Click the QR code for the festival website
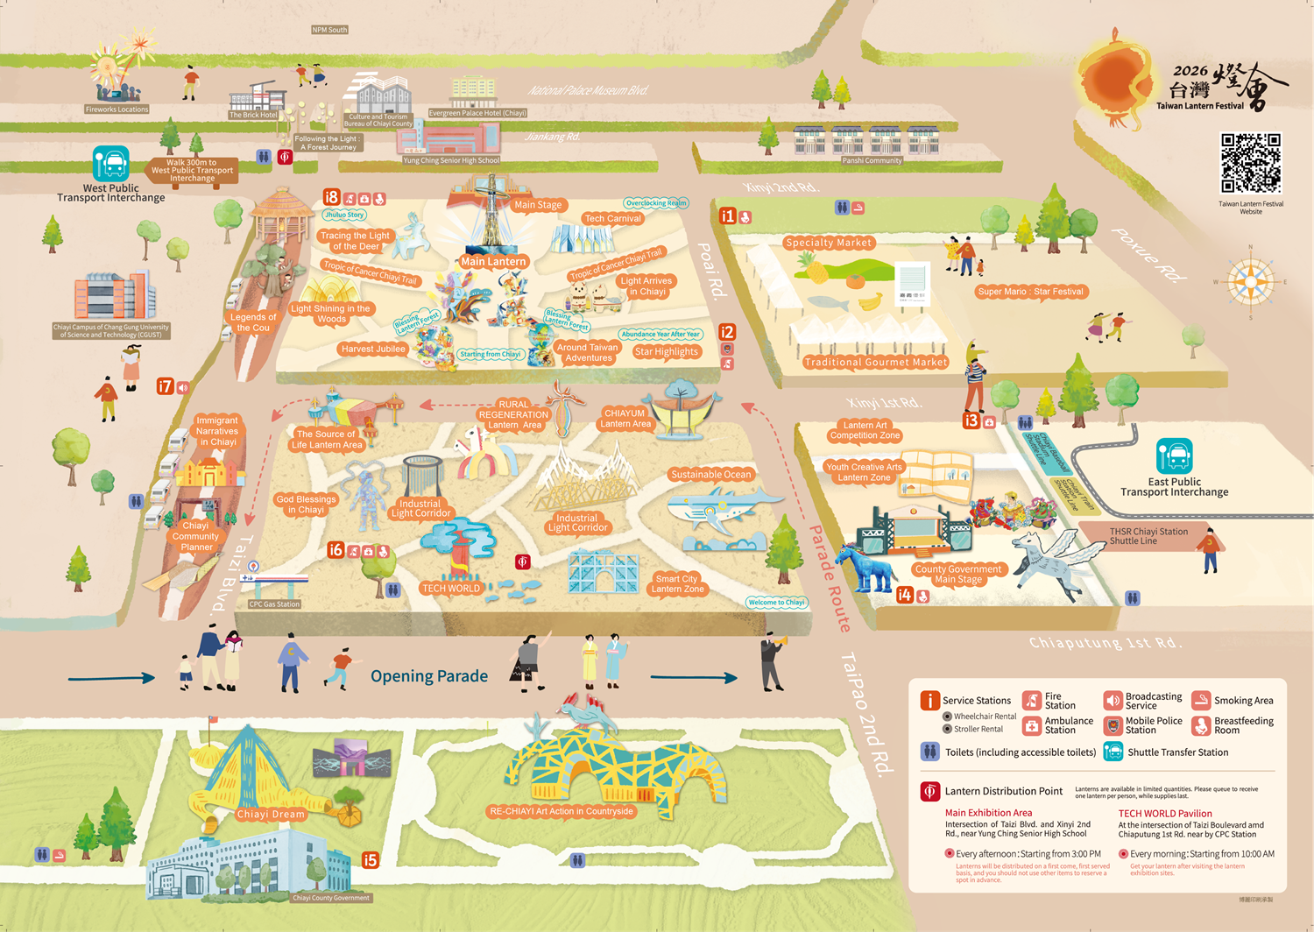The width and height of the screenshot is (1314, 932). click(1251, 163)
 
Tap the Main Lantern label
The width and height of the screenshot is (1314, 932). click(493, 261)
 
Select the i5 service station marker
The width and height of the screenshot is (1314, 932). click(370, 860)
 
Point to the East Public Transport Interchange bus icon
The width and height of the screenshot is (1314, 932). click(1174, 456)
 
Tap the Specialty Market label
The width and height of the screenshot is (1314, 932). click(828, 243)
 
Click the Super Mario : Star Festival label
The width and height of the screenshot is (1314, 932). click(1030, 292)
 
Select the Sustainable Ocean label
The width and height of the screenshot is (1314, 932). click(710, 475)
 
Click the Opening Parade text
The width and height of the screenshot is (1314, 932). click(429, 676)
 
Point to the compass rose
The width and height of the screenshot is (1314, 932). click(1250, 282)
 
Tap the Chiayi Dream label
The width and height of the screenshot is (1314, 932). click(271, 814)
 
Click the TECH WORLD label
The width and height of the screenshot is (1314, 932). click(451, 589)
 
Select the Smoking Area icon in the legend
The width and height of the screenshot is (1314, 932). click(1201, 700)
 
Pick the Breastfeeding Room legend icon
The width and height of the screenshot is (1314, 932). click(1201, 725)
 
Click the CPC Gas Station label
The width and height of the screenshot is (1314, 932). click(274, 604)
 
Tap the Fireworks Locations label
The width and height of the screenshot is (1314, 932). click(117, 109)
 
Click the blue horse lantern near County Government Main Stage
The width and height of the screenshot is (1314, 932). click(865, 565)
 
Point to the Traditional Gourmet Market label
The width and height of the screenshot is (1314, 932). click(875, 362)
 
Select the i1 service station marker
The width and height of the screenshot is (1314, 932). click(727, 215)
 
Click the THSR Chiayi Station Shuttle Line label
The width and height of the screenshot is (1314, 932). click(1148, 536)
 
